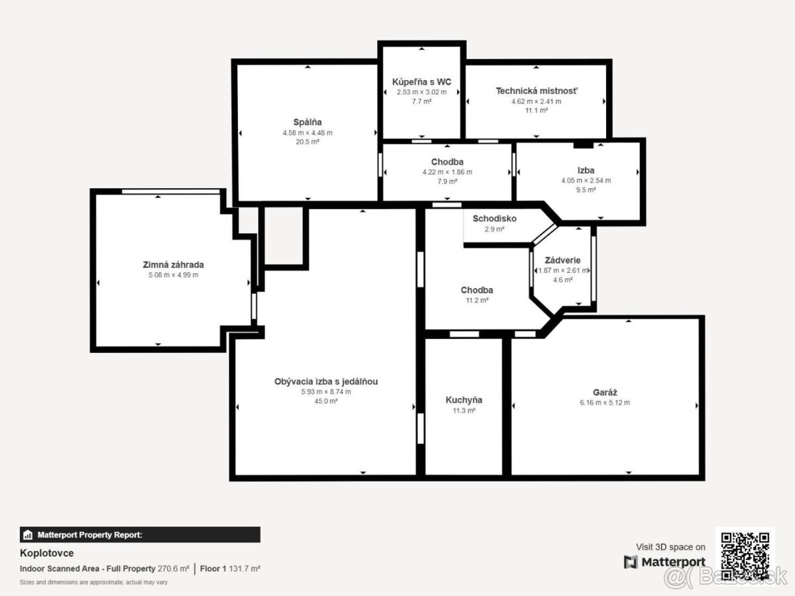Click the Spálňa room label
click(x=307, y=122)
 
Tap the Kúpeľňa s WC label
click(x=421, y=81)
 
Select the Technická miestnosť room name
click(x=537, y=91)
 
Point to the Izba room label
click(x=586, y=170)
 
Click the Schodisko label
click(x=494, y=219)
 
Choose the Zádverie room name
click(x=562, y=260)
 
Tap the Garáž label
click(x=605, y=392)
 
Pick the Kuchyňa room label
click(x=464, y=400)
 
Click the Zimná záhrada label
click(x=173, y=264)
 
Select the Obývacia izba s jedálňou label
click(x=326, y=381)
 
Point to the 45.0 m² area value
click(x=326, y=401)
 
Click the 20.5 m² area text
click(x=307, y=142)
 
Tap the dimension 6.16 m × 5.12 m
click(x=605, y=403)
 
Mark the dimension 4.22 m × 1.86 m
click(x=447, y=172)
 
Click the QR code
click(x=745, y=556)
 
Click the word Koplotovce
click(x=47, y=553)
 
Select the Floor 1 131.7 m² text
click(x=230, y=568)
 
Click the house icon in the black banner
click(x=28, y=534)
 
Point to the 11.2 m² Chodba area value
click(x=477, y=300)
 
